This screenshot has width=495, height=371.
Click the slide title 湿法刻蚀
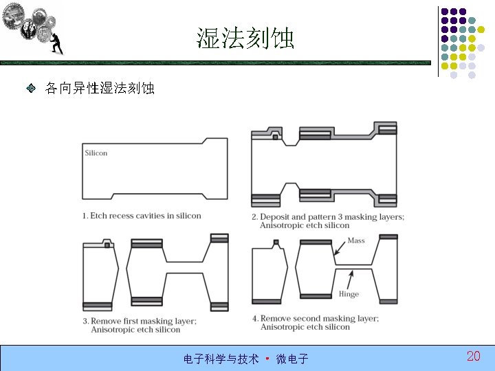(x=245, y=38)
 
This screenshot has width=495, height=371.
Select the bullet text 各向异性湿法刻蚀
(x=100, y=89)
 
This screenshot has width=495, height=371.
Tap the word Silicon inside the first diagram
(x=96, y=153)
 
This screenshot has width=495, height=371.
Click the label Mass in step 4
(x=356, y=240)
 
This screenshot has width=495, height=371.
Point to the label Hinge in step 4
(x=349, y=294)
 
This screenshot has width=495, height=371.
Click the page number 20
(x=473, y=356)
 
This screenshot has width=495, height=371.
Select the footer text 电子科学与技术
(x=221, y=359)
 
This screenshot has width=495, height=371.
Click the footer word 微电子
(x=292, y=359)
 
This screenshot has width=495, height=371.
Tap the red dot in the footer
(x=267, y=358)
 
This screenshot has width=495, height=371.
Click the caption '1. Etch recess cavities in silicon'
(x=142, y=216)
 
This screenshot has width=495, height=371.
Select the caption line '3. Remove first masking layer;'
(x=140, y=321)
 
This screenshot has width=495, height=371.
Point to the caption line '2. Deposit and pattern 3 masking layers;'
(x=328, y=217)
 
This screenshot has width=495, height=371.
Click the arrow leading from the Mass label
(x=340, y=249)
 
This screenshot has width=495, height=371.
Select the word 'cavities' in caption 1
(x=151, y=216)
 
